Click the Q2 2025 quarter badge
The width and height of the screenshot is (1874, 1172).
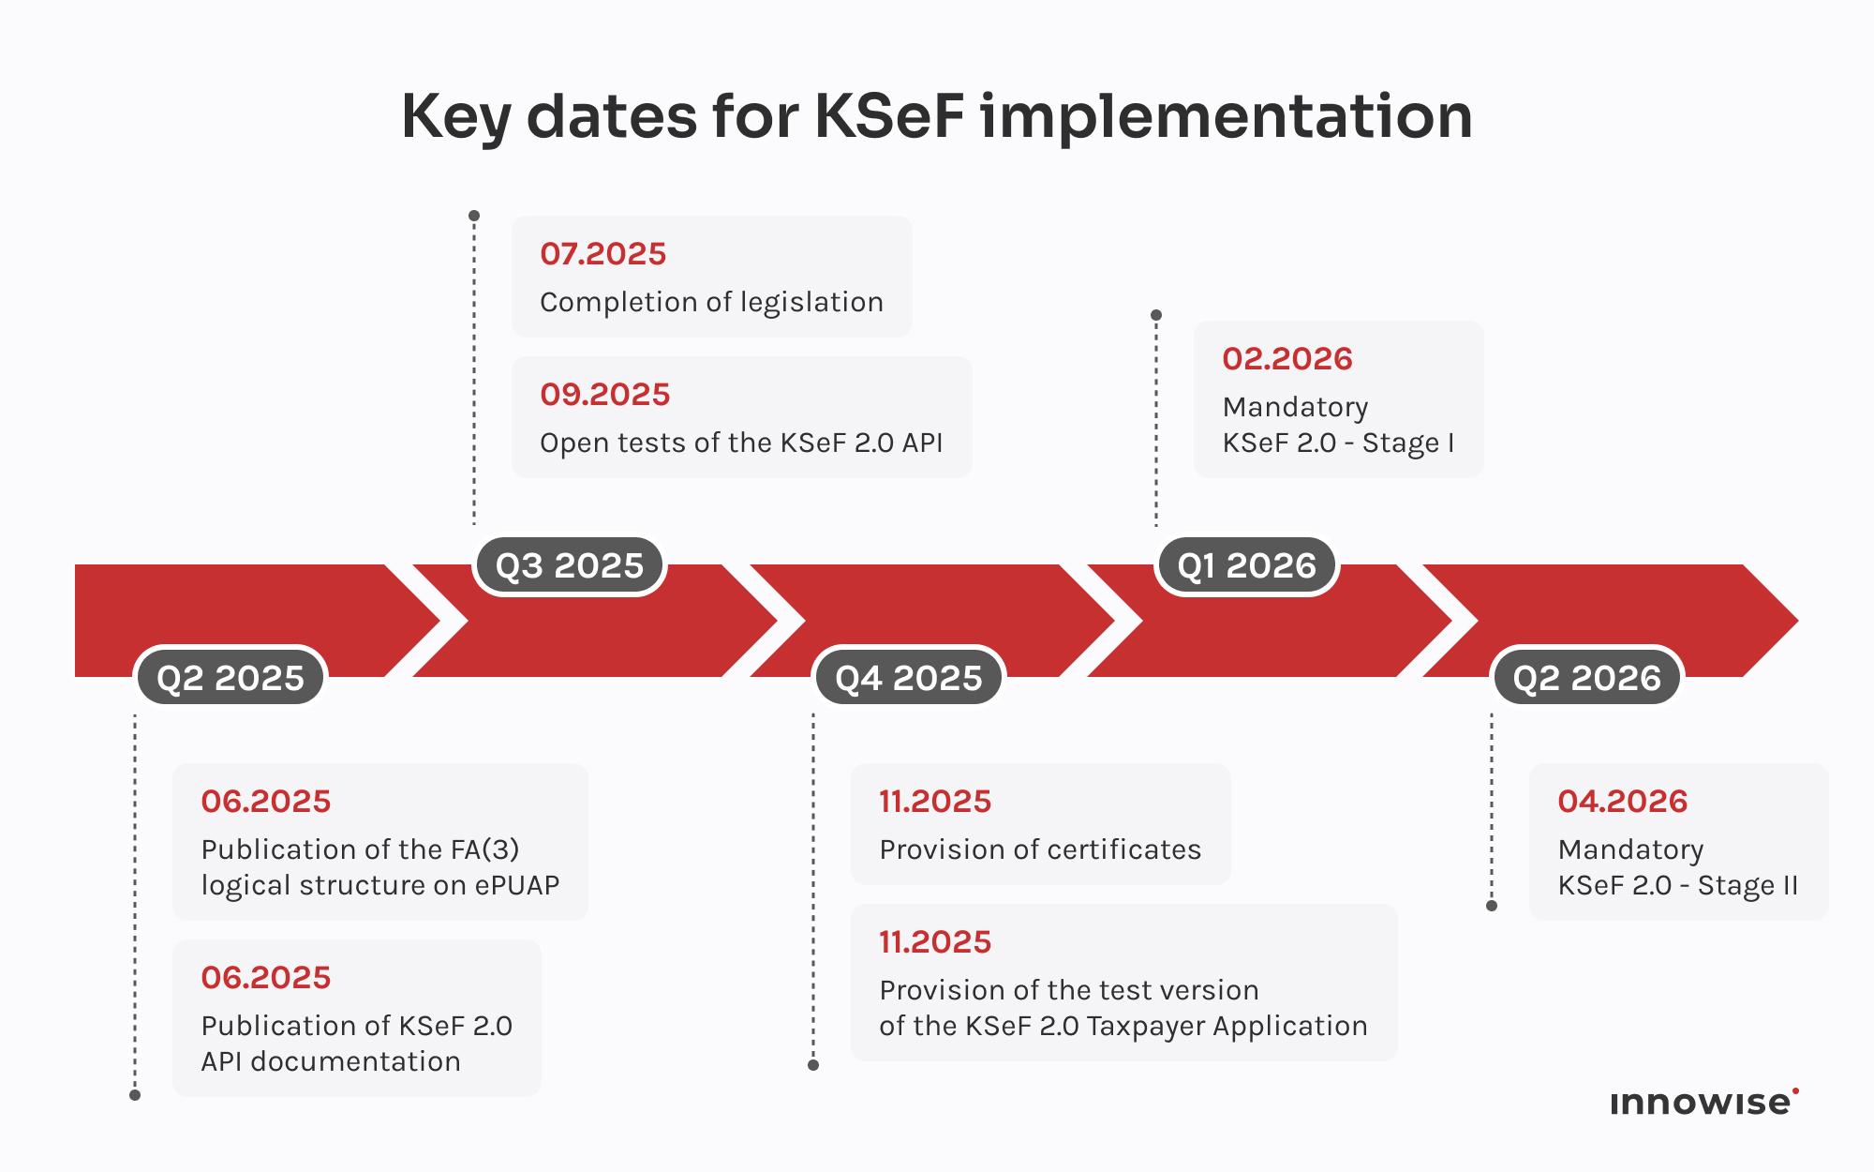point(231,677)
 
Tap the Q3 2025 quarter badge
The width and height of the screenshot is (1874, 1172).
point(569,565)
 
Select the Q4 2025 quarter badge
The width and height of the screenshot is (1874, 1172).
point(908,677)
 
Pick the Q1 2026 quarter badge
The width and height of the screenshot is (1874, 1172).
point(1246,565)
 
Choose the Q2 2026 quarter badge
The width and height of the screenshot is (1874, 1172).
point(1586,677)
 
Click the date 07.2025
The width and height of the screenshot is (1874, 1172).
point(602,253)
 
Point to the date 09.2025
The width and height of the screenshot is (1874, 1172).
point(604,394)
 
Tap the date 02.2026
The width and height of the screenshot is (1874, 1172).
point(1287,358)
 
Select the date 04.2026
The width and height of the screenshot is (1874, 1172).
point(1622,801)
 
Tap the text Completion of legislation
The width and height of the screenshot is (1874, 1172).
point(711,302)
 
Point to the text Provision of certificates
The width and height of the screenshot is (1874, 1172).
point(1039,849)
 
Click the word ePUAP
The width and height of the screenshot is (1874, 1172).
point(516,885)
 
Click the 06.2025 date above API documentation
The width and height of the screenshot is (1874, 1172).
point(265,977)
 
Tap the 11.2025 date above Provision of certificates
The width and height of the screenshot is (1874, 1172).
point(934,801)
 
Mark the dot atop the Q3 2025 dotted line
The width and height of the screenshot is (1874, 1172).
point(474,216)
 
